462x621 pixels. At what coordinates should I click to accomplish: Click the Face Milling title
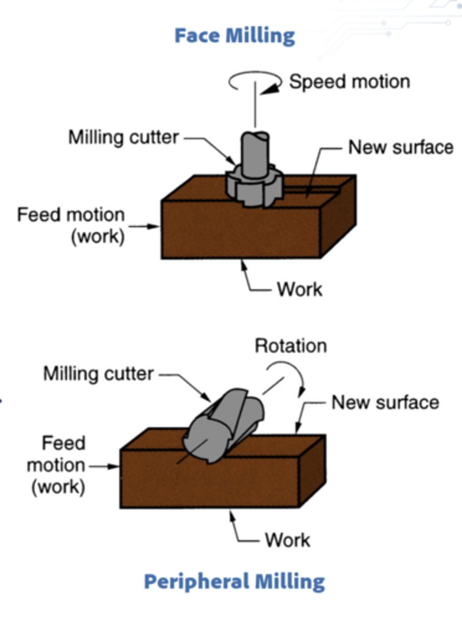click(x=234, y=36)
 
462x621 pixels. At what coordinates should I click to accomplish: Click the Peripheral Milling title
click(x=234, y=581)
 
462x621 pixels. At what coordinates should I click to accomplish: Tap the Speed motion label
click(x=349, y=82)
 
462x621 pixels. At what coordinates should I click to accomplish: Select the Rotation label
click(x=291, y=345)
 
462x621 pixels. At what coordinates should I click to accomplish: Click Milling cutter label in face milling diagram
click(x=124, y=138)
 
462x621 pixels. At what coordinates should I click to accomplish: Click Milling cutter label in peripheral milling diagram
click(x=98, y=373)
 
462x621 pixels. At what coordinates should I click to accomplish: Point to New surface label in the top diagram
click(x=400, y=147)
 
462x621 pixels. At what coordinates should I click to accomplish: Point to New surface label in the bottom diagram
click(x=385, y=402)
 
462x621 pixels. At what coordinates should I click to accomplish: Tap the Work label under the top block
click(x=299, y=289)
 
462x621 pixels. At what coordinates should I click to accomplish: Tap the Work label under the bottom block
click(x=287, y=540)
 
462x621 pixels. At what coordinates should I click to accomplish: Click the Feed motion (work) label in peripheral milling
click(x=56, y=465)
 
